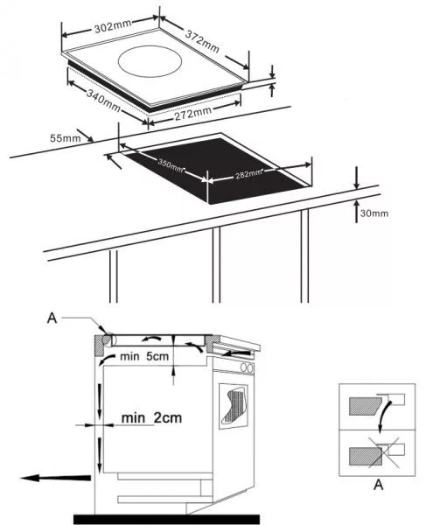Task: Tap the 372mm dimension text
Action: coord(202,42)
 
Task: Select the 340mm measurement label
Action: coord(103,100)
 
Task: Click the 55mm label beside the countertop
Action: coord(66,138)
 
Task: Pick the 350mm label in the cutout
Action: coord(171,166)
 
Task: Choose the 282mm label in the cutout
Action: coord(248,174)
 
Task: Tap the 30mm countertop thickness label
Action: coord(374,213)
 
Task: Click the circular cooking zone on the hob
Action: coord(150,62)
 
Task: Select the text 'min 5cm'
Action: coord(144,356)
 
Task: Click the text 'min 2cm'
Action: coord(151,418)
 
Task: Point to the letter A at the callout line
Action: coord(52,318)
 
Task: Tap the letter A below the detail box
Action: coord(378,484)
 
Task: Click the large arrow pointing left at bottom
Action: coord(55,478)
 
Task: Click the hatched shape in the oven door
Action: coord(234,405)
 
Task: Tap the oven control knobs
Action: coord(247,367)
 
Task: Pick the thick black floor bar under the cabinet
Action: coord(167,519)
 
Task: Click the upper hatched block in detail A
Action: coord(366,406)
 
